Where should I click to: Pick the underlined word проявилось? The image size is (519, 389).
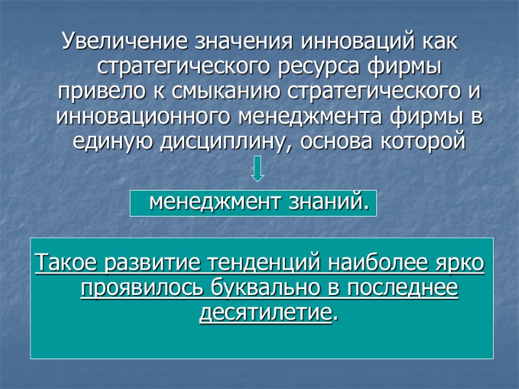(132, 289)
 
